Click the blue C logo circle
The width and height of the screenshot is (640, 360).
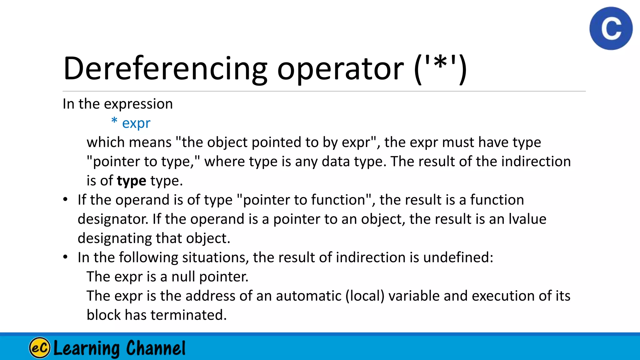click(x=611, y=28)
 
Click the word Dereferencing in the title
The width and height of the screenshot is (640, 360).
click(x=165, y=69)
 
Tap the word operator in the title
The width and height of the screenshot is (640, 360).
click(x=340, y=69)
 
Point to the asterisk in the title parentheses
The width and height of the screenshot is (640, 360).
click(x=440, y=64)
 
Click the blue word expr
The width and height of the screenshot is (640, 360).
click(x=136, y=123)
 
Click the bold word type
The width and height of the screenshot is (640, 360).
click(x=131, y=181)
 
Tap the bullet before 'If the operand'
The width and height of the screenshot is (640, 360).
click(x=65, y=200)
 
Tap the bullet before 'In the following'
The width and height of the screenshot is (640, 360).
click(x=65, y=257)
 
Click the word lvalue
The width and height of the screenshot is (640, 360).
click(x=527, y=219)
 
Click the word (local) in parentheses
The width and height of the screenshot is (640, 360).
click(x=365, y=296)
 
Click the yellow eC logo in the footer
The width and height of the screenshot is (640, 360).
click(x=40, y=347)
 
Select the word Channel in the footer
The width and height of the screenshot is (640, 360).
click(x=156, y=348)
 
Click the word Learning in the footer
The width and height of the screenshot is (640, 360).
click(x=87, y=348)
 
